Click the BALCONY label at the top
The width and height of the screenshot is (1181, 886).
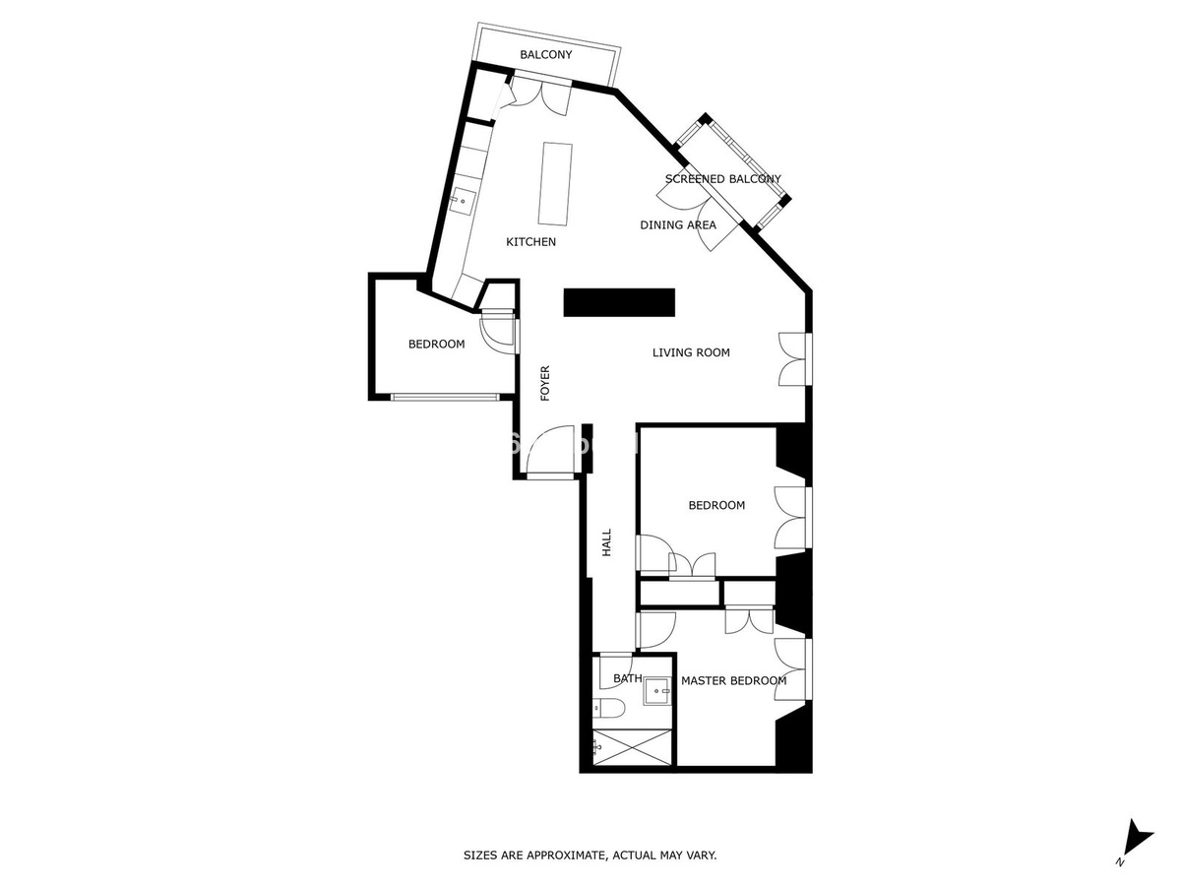pos(545,55)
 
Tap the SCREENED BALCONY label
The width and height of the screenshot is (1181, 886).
pos(722,179)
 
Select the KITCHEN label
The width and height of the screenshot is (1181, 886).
pos(530,242)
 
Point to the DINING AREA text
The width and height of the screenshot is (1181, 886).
pos(678,224)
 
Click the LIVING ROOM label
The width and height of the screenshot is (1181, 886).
pos(691,352)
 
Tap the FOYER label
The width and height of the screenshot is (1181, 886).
pos(545,384)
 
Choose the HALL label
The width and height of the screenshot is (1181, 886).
pos(606,542)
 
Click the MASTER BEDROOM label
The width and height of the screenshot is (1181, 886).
pos(734,681)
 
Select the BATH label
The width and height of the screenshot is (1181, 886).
pos(628,679)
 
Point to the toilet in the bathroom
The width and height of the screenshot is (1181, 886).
pos(608,709)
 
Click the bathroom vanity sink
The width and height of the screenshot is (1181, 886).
pos(657,691)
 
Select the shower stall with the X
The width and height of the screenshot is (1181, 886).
pos(632,747)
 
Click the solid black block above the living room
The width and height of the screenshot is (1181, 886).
pos(619,302)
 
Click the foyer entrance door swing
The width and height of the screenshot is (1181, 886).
pos(550,452)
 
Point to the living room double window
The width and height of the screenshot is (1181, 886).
pos(795,358)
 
